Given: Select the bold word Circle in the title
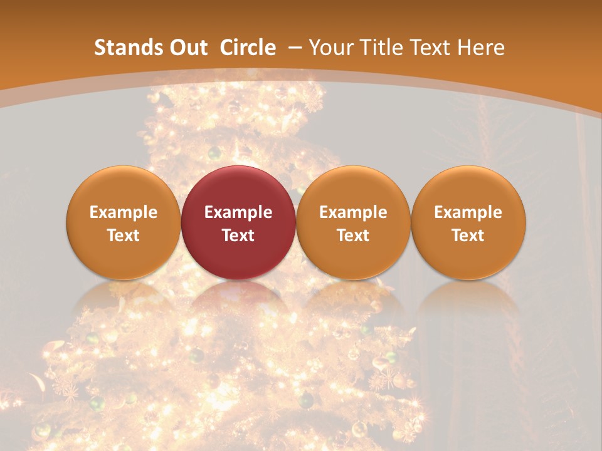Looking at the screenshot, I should coord(248,48).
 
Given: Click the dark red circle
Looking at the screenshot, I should coord(238,222).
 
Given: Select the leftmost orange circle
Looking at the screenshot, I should coord(123,222).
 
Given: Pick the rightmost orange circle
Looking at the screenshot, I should coord(468,222).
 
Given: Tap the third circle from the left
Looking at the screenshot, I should coord(353,222).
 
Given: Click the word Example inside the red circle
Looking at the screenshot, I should coord(238,212).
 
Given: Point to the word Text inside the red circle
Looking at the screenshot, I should coord(238,236).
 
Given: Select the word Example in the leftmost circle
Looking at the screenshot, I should coord(123,212).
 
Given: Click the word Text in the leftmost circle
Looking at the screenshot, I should coord(123,236).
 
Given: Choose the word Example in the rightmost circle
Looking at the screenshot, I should coord(468,212).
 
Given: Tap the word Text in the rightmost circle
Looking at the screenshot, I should coord(468,236).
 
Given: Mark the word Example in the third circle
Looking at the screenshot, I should coord(353,212).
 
